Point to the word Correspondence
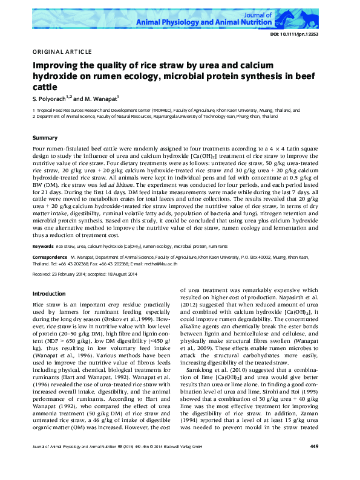coord(50,256)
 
